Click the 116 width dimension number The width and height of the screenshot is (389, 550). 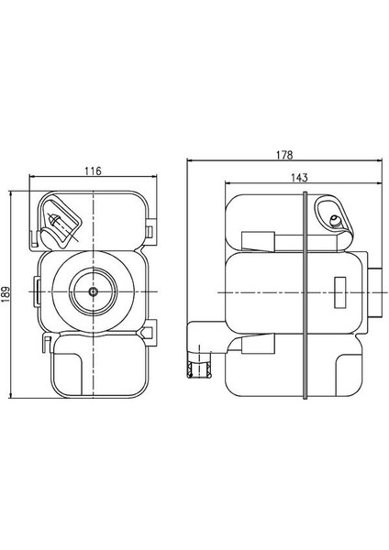93,170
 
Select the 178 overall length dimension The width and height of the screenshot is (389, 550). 284,155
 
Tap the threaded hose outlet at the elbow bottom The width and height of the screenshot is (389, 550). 194,369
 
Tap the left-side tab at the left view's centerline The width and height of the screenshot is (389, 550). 37,291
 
